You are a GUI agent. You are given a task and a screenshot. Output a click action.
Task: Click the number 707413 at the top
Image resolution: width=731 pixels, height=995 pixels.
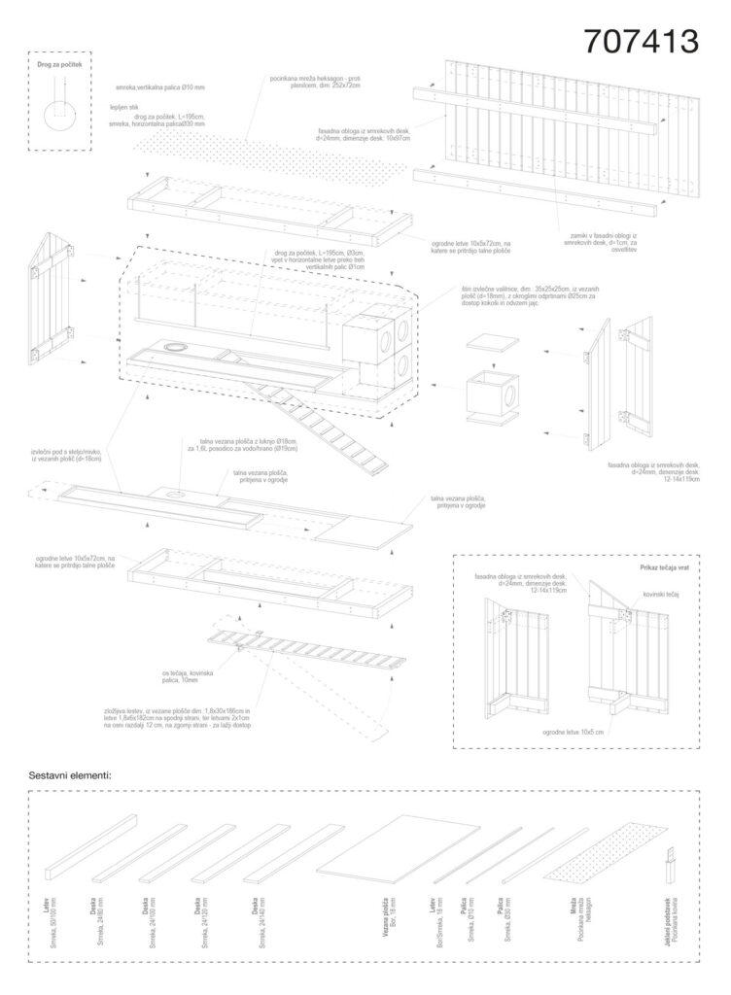pos(641,41)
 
